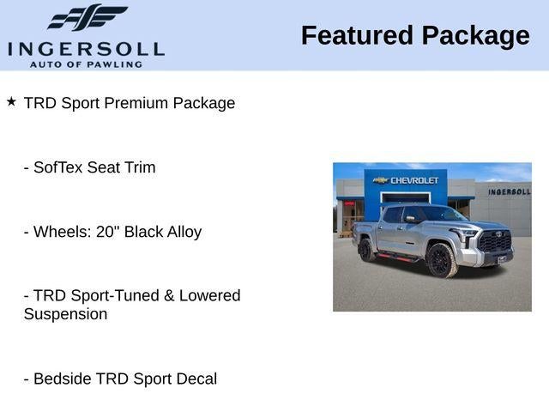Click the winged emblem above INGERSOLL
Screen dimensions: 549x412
point(87,17)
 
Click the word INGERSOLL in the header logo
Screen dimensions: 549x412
point(86,50)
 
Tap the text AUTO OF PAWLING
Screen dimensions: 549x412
point(86,64)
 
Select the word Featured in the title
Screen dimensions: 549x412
point(357,35)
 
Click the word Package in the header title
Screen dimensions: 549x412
point(475,36)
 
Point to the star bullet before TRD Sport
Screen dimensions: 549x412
point(11,102)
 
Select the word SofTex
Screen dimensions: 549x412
point(58,167)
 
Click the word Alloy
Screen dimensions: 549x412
point(184,233)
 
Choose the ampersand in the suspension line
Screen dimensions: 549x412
point(169,295)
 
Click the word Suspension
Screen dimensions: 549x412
point(65,314)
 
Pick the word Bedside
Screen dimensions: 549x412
point(63,379)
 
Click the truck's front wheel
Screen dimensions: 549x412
point(441,260)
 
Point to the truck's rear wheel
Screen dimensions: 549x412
point(366,250)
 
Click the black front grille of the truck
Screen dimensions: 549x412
point(495,241)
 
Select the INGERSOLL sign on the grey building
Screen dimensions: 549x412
point(510,192)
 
